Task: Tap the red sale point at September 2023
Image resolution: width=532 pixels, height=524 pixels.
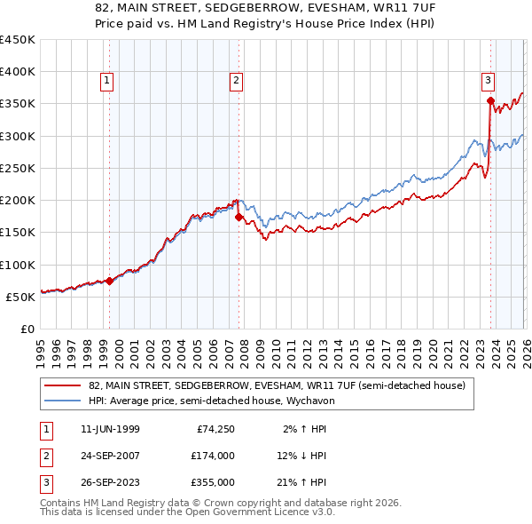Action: (490, 100)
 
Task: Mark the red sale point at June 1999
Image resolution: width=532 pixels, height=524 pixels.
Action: (109, 281)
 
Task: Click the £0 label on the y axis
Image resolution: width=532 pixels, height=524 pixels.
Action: (26, 329)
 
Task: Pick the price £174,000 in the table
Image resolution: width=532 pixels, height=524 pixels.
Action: (213, 456)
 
